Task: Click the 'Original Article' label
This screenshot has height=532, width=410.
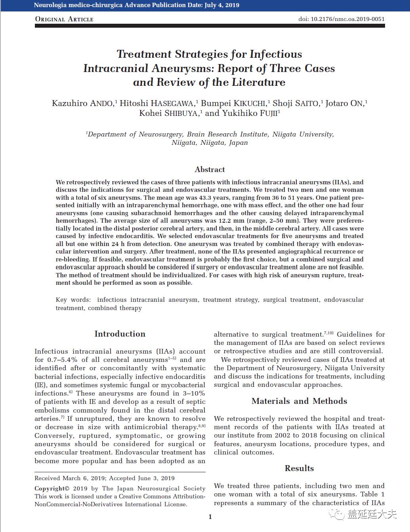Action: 64,19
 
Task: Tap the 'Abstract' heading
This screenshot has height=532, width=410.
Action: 210,169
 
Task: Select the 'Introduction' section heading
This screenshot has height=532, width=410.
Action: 120,334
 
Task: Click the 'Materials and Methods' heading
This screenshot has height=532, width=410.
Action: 299,401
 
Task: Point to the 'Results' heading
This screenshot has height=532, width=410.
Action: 299,468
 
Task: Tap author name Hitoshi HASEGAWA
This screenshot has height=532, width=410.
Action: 157,104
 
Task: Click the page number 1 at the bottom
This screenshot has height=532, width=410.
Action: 210,517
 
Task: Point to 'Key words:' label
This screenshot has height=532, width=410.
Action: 73,300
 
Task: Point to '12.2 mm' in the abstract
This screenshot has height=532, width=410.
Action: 233,221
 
